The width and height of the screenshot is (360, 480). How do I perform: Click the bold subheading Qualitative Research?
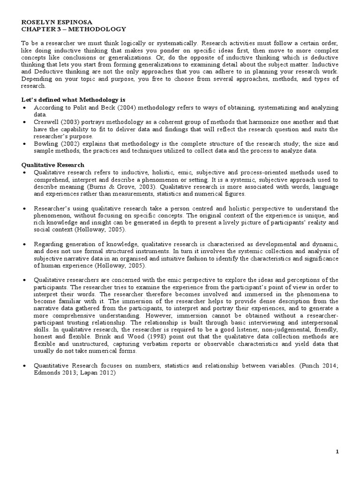(52, 165)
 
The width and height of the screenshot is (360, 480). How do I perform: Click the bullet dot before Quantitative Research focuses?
(24, 367)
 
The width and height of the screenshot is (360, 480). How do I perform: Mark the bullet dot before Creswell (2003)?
(24, 121)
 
